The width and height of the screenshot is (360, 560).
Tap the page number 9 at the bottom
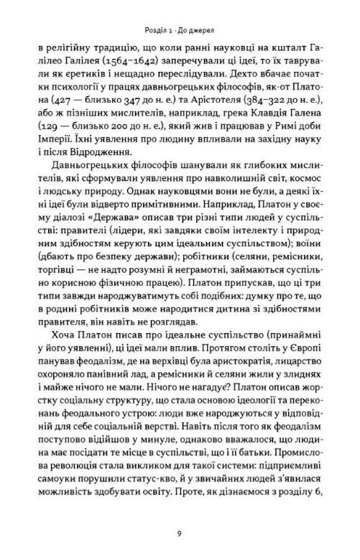[179, 533]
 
